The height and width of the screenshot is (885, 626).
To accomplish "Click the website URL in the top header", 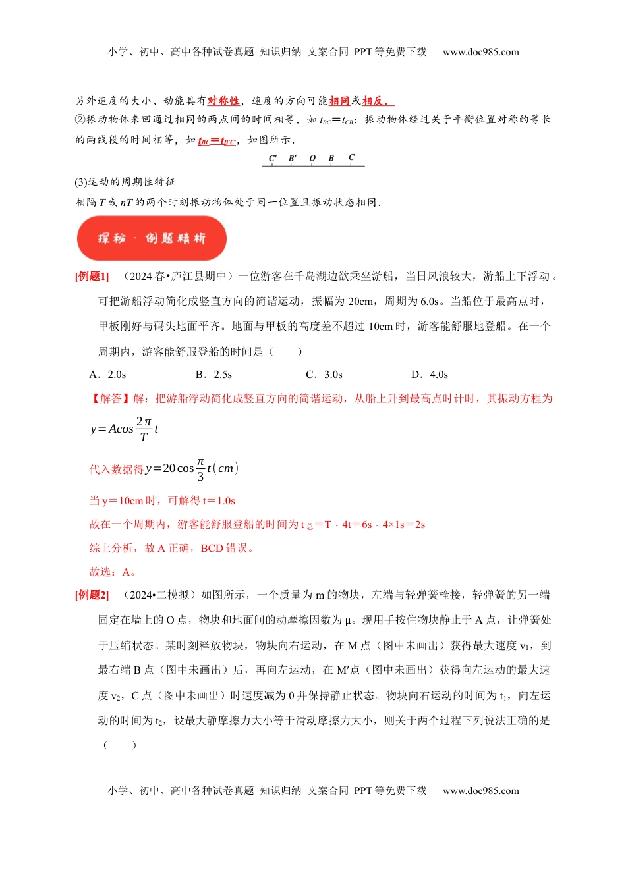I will (x=480, y=52).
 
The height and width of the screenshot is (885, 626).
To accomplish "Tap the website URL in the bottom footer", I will (x=480, y=791).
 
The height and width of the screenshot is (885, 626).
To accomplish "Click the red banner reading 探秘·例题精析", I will (x=152, y=238).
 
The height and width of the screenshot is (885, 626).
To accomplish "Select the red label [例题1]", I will (x=92, y=277).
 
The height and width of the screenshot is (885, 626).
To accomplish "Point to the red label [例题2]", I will (x=92, y=595).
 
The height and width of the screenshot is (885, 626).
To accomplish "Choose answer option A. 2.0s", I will (x=108, y=375).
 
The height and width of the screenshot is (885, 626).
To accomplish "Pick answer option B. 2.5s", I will (x=214, y=375).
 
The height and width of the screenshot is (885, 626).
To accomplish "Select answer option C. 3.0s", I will (x=324, y=375).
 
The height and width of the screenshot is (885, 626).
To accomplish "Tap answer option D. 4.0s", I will (x=430, y=375).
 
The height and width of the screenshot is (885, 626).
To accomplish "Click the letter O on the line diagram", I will (x=312, y=158).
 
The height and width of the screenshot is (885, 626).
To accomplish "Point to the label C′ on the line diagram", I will (x=273, y=158).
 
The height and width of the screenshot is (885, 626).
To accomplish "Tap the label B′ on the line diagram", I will (x=293, y=158).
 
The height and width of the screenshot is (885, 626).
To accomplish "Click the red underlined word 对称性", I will (x=223, y=101).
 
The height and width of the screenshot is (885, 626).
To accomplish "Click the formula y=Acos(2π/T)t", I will (x=125, y=429).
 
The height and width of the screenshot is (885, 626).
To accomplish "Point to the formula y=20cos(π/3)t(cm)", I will (x=192, y=468).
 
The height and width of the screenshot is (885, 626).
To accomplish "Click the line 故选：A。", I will (x=113, y=572).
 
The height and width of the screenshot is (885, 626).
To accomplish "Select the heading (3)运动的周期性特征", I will (x=125, y=182).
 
